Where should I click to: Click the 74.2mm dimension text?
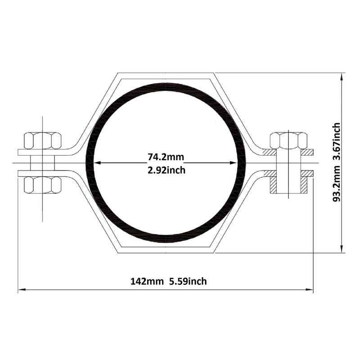166,157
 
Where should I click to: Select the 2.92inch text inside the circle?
166,171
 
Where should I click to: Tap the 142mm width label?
147,281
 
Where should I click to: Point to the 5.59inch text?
188,281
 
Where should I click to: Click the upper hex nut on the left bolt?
43,140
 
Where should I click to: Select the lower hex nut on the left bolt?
43,185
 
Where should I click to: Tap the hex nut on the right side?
288,140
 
